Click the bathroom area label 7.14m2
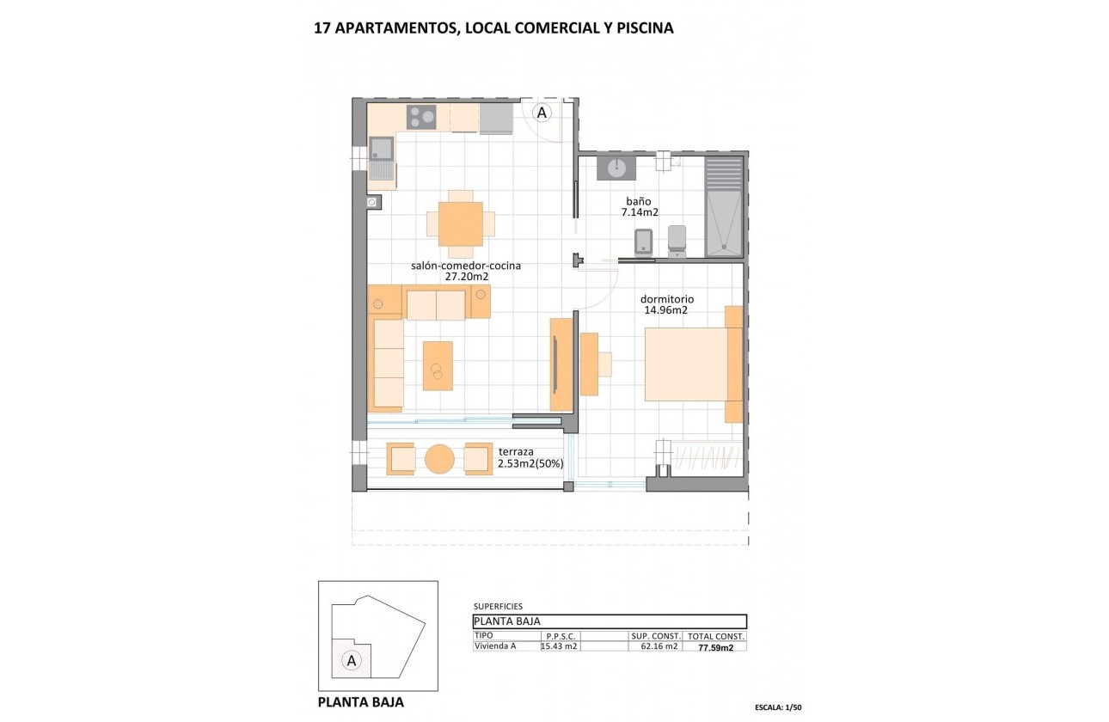pos(641,212)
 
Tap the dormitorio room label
pos(666,300)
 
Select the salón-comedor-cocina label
pos(466,266)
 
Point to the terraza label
pos(516,451)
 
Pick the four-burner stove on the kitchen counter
pos(421,116)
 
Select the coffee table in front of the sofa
pos(438,365)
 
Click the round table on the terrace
pos(439,459)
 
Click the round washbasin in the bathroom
pos(616,167)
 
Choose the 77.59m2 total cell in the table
pos(715,647)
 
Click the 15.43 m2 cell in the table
pos(559,646)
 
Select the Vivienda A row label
pos(496,646)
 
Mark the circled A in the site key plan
pos(350,660)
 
